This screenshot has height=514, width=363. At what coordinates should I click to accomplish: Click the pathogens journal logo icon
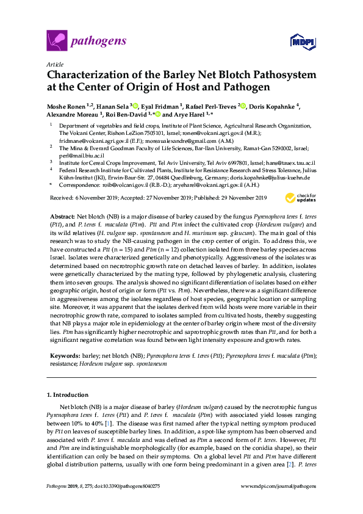[x=56, y=41]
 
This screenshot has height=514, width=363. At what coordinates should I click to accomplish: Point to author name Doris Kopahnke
[x=271, y=106]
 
